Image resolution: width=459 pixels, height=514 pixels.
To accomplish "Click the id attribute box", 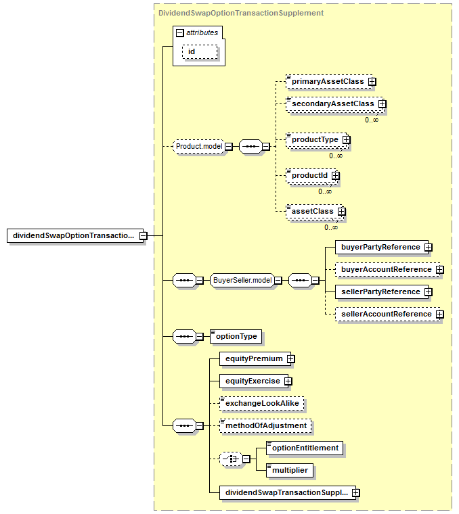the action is [200, 52].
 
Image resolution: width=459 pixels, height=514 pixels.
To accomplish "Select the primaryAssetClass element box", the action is [329, 81].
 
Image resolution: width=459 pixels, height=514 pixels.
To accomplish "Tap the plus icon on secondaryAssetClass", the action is [383, 104].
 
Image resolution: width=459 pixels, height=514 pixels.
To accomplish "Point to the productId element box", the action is [311, 175].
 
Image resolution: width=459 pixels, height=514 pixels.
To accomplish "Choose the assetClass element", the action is [314, 211].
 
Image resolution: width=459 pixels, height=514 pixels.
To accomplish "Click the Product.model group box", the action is [199, 146].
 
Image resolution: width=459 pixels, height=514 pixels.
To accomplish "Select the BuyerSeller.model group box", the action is [242, 280].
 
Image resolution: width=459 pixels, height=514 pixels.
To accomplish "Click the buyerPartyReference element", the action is [382, 247].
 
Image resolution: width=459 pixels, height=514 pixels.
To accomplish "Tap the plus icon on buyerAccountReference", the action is [439, 269].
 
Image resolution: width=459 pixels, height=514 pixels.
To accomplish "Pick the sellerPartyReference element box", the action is [382, 291].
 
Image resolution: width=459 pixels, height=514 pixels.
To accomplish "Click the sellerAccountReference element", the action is [387, 314].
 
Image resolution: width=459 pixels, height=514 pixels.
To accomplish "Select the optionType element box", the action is [236, 336].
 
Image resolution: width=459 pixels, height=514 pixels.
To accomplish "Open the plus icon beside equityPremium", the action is [290, 359].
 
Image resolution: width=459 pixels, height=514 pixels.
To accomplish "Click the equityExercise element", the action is [254, 381].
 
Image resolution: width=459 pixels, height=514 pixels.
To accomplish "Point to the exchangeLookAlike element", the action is [261, 403].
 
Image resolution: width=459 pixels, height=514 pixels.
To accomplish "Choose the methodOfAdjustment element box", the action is [265, 425].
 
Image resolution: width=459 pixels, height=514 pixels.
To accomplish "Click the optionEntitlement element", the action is [305, 448].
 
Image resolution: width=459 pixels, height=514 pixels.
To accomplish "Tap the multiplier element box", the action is [289, 471].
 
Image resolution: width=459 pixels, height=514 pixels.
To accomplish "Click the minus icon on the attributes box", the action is [180, 32].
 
